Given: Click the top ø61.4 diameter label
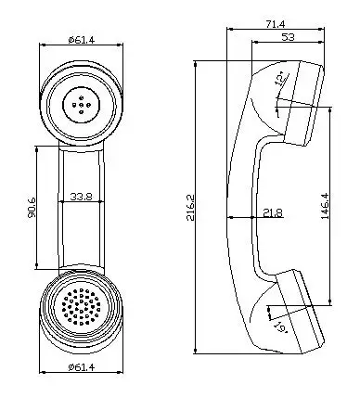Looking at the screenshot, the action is (x=82, y=40).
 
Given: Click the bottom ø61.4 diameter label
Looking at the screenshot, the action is (x=82, y=367).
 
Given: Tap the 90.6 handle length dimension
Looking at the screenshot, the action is (x=32, y=208).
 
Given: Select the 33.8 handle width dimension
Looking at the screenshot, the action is (x=81, y=197).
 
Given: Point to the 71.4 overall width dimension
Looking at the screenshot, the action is (x=276, y=24).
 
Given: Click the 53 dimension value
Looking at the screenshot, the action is (x=288, y=37).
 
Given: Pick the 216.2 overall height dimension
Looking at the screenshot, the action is (x=190, y=207).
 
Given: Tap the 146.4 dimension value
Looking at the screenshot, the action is (x=325, y=206).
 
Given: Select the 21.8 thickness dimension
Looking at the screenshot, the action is (x=273, y=212).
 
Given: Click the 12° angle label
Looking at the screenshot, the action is (x=281, y=78).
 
